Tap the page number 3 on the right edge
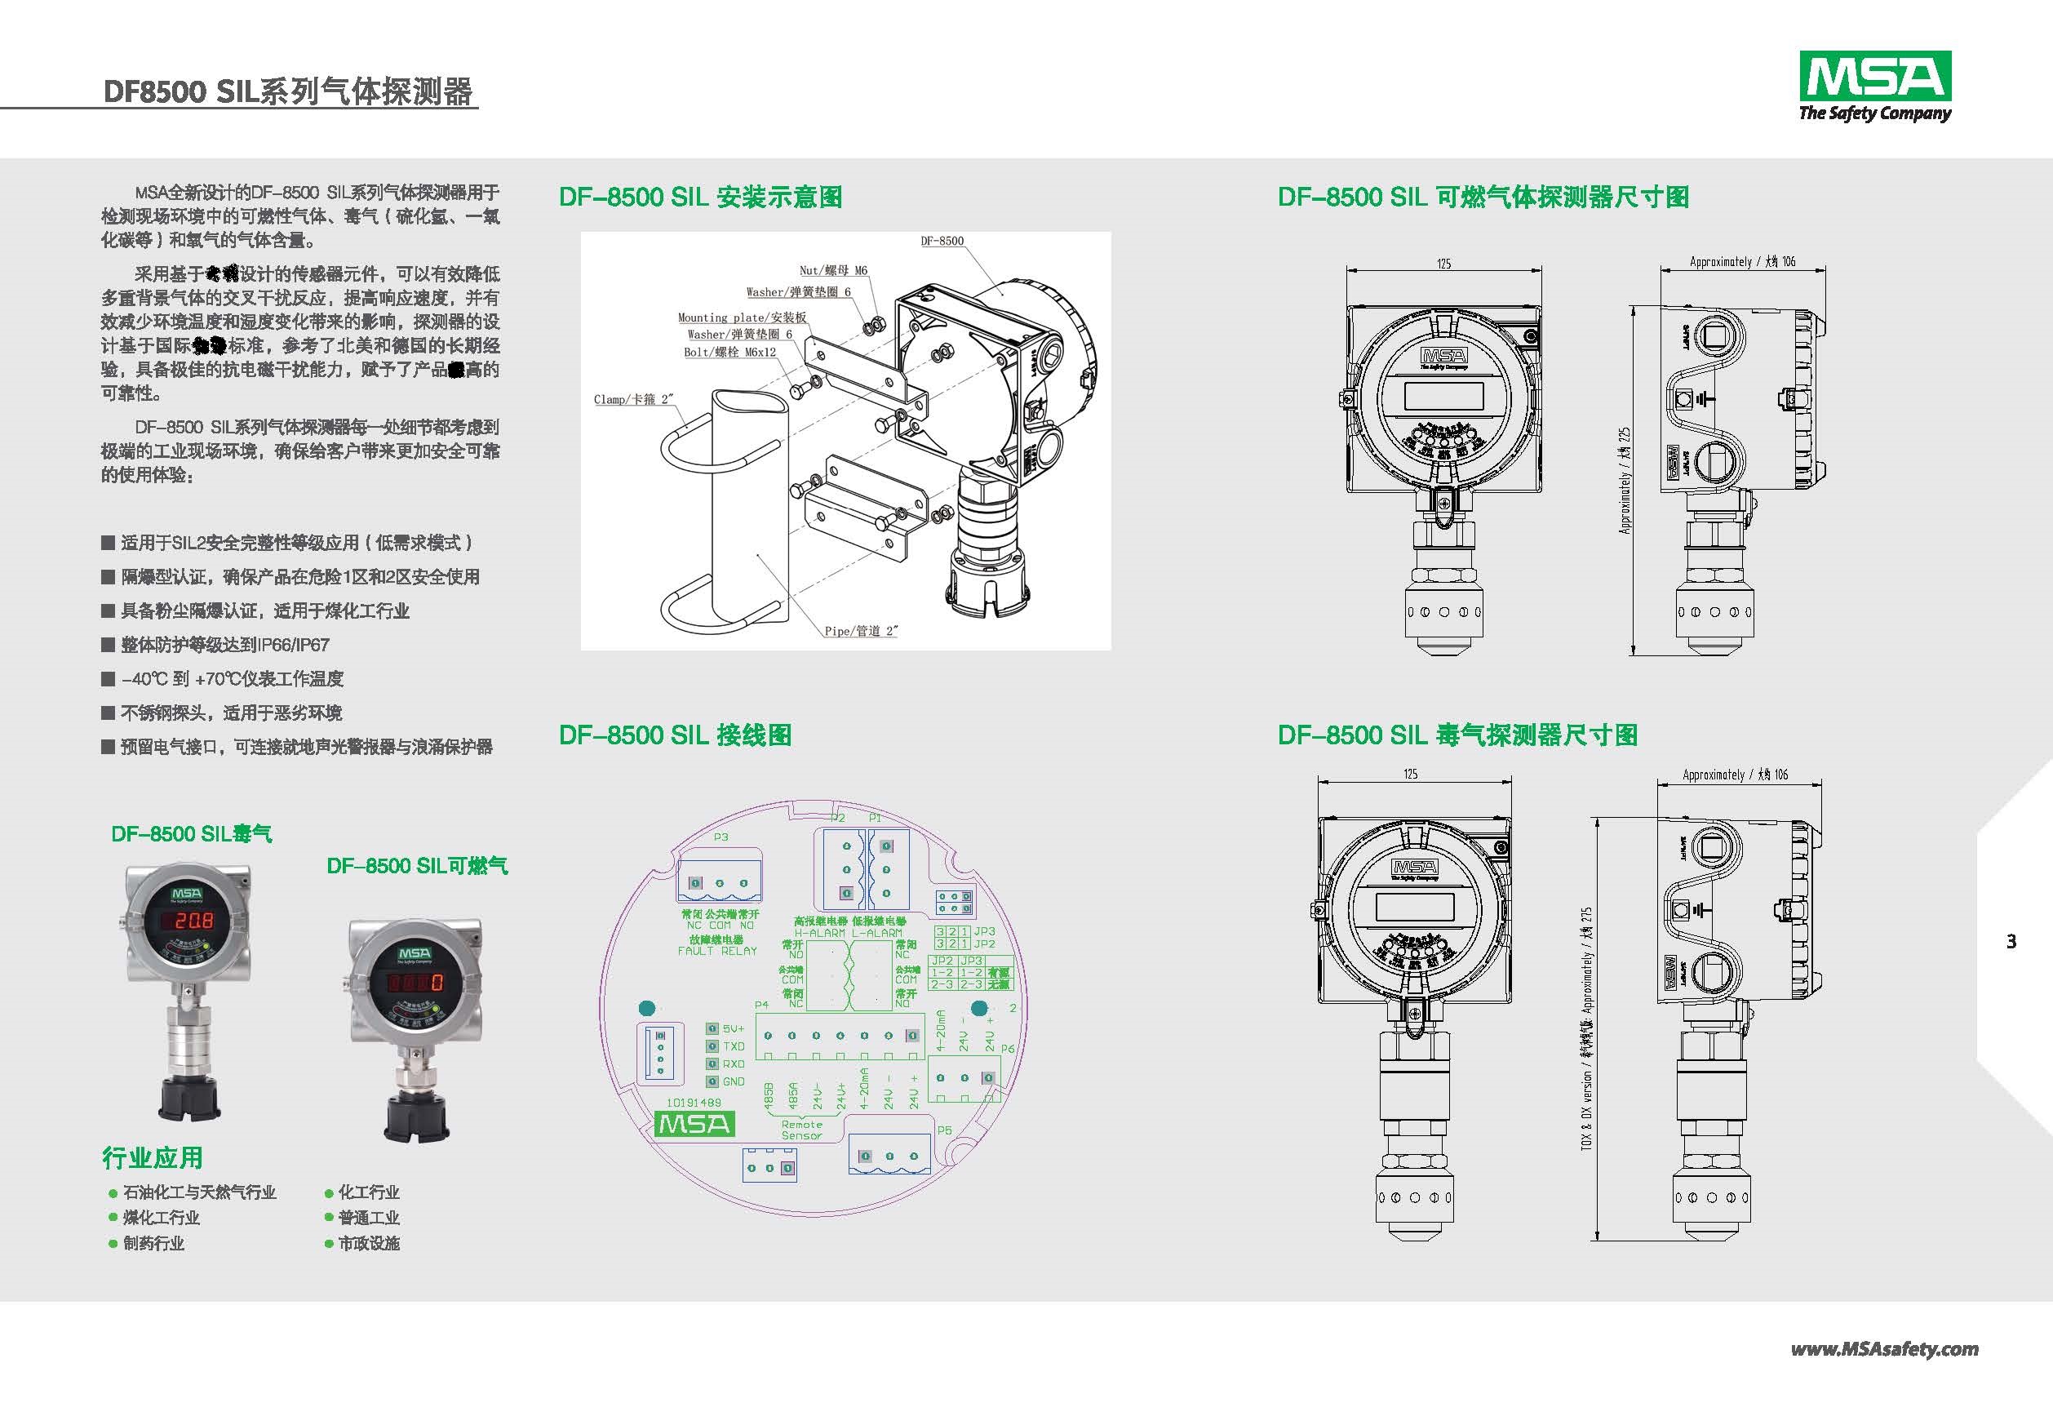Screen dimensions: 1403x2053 click(x=2011, y=942)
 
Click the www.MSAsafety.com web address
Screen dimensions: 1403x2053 click(x=1884, y=1348)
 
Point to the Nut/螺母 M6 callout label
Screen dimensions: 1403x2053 click(x=833, y=270)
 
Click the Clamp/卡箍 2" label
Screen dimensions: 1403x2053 click(x=633, y=399)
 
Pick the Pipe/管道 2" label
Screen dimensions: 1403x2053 click(x=860, y=631)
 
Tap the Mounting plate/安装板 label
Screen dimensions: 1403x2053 click(x=742, y=317)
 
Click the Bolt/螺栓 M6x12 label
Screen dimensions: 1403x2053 click(x=729, y=352)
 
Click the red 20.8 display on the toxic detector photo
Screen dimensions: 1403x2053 click(x=192, y=921)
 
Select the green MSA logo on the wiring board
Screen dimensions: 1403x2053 click(x=694, y=1124)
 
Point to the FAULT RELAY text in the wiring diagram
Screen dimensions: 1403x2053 click(x=716, y=951)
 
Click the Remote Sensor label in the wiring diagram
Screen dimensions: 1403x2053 click(x=801, y=1130)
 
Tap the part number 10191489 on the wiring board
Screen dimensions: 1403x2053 click(x=694, y=1103)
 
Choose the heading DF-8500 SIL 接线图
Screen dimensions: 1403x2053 click(x=675, y=735)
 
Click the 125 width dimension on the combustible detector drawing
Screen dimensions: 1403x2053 click(x=1443, y=264)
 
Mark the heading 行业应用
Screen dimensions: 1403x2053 click(x=152, y=1157)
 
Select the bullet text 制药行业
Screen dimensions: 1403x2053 click(x=153, y=1243)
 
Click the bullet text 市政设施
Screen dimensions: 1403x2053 click(x=368, y=1243)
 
